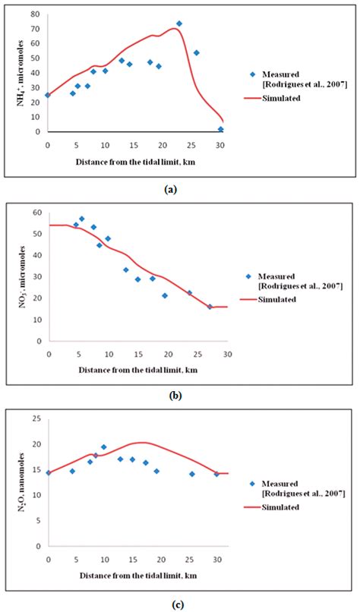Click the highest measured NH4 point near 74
coord(178,24)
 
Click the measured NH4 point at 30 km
coord(221,129)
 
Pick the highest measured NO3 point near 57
coord(82,219)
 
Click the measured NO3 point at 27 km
coord(210,307)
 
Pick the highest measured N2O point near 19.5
coord(104,447)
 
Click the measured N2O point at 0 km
coord(48,472)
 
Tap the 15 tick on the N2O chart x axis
coord(132,560)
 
